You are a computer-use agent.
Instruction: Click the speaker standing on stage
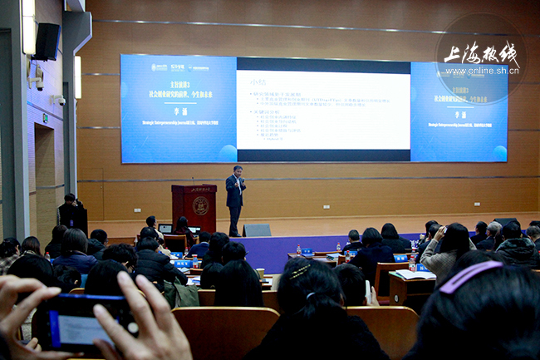coord(235,198)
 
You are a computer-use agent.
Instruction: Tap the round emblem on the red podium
coord(200,205)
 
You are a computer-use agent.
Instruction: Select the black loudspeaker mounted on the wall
coord(47,42)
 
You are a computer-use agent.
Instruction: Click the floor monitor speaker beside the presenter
coord(257,230)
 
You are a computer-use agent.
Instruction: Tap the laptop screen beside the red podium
coord(165,229)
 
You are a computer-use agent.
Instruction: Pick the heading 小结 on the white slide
coord(258,81)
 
